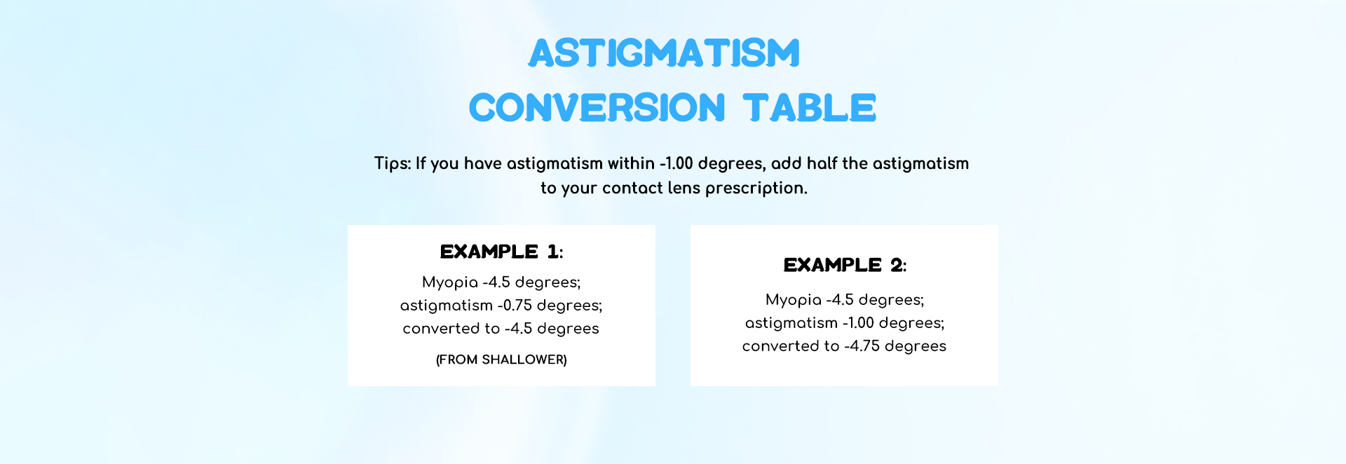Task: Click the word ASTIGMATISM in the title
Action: [664, 53]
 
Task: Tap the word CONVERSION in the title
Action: [597, 108]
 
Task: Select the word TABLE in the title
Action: [810, 108]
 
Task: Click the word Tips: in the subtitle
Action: [393, 164]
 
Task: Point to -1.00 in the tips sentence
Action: [677, 163]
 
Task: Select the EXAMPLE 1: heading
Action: [501, 252]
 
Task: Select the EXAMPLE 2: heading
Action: [845, 265]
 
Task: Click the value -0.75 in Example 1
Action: [515, 306]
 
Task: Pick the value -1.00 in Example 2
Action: [858, 323]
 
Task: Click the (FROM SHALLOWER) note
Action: [501, 360]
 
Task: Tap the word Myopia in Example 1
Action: [450, 282]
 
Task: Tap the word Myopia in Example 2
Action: [794, 300]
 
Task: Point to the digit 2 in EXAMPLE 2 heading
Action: [896, 265]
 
